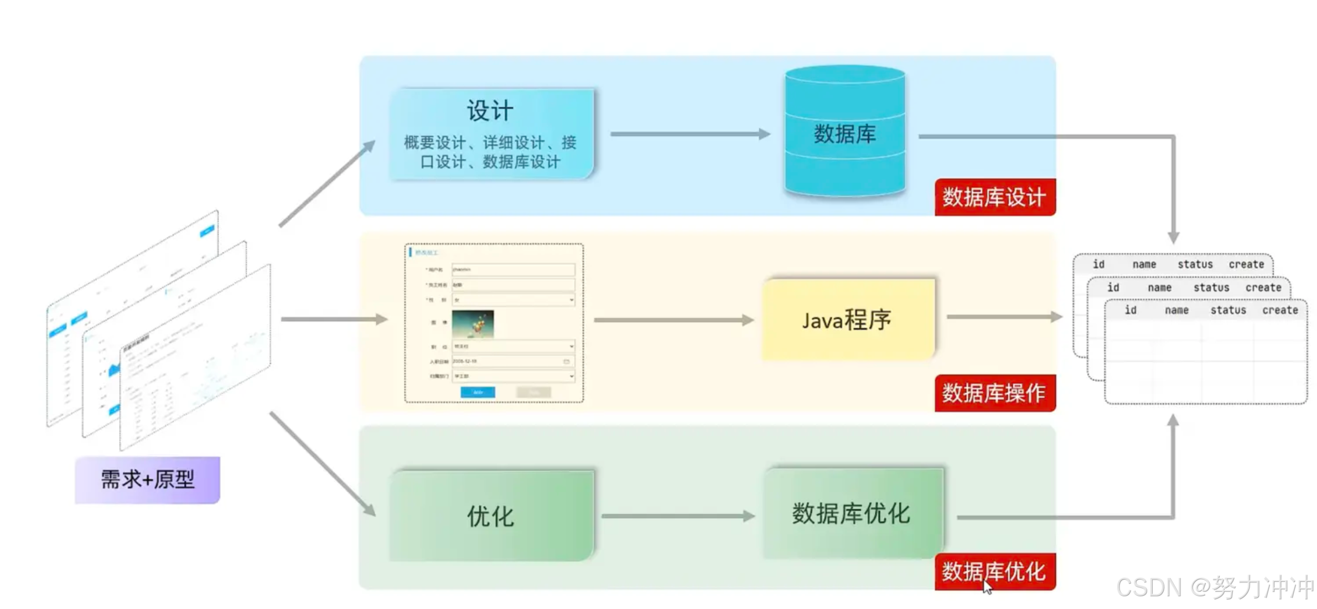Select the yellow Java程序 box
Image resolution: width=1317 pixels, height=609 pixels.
pos(848,320)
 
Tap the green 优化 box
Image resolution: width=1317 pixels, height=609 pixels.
pos(491,516)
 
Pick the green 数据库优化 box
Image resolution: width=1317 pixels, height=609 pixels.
pos(852,514)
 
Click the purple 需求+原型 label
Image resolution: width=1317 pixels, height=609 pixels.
pos(147,479)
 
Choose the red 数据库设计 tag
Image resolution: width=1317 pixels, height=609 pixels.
pos(994,197)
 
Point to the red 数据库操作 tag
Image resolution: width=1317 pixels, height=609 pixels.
pos(994,393)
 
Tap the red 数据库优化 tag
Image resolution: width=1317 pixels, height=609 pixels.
pos(994,571)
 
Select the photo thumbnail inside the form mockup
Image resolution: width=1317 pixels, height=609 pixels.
pos(473,324)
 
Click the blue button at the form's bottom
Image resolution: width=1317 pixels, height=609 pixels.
pos(478,392)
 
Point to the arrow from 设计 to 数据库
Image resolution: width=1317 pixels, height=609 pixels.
pos(689,134)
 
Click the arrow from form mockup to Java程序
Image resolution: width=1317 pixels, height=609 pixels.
pos(673,320)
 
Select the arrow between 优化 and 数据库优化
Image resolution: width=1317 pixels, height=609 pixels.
pos(677,516)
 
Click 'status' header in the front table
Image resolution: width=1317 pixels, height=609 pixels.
pos(1228,311)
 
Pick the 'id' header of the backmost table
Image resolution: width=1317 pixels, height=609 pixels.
pos(1098,265)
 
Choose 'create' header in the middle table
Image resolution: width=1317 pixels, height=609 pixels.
pos(1263,288)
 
